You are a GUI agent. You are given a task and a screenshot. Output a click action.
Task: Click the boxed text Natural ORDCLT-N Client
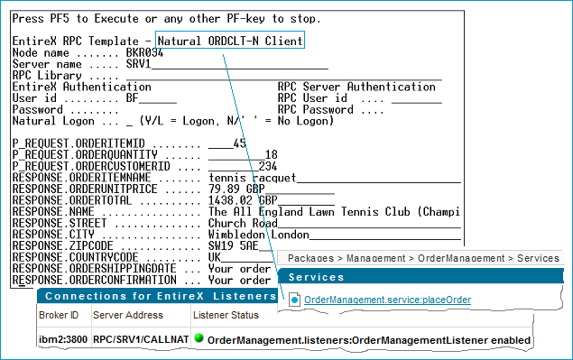pos(230,41)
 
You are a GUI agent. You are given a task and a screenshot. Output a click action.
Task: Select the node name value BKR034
pos(144,52)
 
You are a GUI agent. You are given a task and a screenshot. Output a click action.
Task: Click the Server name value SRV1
pos(138,64)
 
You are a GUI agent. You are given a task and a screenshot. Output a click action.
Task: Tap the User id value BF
pos(133,98)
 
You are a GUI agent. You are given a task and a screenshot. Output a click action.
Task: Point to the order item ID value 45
pos(240,143)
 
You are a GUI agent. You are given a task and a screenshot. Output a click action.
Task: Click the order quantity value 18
pos(271,154)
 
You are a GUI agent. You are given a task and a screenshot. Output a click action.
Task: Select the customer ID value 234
pos(268,166)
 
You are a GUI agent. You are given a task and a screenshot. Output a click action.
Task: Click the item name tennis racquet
pos(252,178)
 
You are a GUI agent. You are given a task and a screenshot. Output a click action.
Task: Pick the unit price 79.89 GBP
pos(236,189)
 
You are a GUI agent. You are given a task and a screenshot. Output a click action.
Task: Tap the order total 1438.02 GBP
pos(243,200)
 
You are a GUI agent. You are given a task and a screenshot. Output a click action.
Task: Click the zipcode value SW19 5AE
pos(234,245)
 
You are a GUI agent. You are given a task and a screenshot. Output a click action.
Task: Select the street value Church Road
pos(243,223)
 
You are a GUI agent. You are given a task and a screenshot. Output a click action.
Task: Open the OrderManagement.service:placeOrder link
pos(387,300)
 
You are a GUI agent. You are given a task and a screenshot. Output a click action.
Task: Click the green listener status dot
pos(199,338)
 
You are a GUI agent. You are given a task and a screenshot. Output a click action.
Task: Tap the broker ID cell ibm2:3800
pos(63,340)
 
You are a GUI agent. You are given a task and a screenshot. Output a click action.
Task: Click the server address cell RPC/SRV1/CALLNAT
pos(141,340)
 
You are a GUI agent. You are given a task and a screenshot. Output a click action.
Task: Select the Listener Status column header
pos(226,315)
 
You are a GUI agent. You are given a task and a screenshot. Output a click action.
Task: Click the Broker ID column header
pos(59,315)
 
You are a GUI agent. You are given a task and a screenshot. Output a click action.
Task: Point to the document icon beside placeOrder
pos(294,300)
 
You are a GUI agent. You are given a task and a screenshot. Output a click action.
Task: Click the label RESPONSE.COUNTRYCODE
pos(75,257)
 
